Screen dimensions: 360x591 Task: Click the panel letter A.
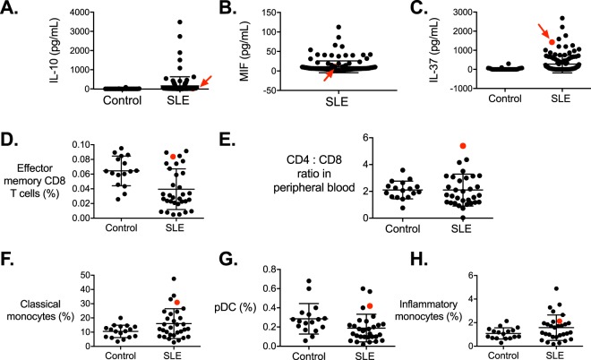(11, 10)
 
